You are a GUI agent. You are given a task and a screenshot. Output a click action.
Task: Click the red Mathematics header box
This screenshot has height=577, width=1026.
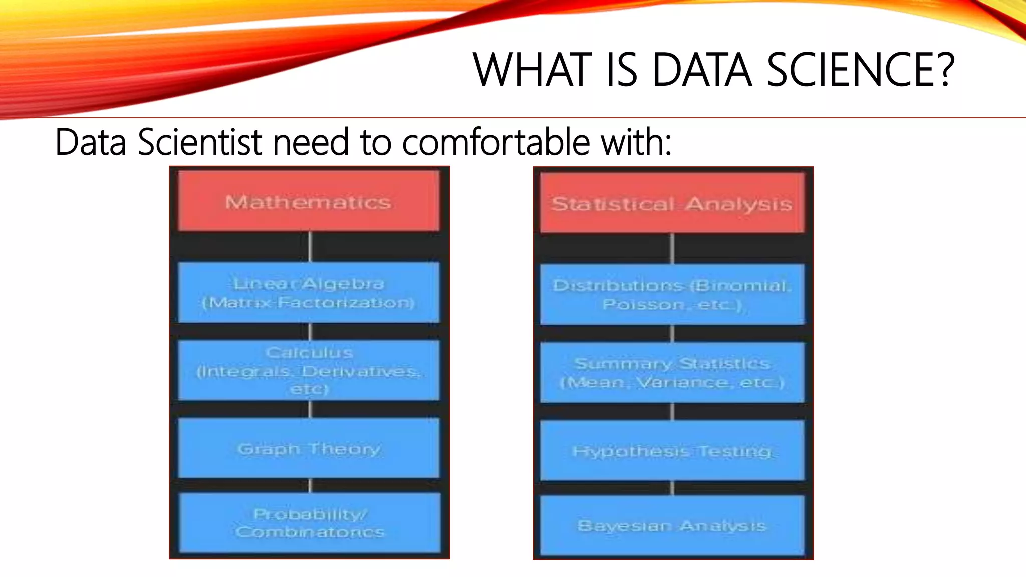point(309,201)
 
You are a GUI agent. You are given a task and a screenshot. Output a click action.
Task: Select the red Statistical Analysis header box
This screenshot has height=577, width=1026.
point(672,203)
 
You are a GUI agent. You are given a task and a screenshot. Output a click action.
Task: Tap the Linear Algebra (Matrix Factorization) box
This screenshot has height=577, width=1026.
point(309,293)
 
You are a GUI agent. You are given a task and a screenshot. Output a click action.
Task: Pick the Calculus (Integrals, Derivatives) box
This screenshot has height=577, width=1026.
point(309,370)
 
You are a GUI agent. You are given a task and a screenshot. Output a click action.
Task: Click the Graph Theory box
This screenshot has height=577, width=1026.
point(309,448)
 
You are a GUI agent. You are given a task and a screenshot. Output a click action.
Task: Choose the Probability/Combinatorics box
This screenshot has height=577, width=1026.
point(309,523)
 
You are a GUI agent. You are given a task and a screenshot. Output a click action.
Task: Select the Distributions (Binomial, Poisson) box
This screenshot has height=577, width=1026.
point(672,295)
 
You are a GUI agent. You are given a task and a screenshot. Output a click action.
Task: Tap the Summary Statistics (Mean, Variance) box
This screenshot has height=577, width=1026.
point(672,373)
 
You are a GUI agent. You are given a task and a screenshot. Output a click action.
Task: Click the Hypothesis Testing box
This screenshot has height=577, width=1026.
point(672,451)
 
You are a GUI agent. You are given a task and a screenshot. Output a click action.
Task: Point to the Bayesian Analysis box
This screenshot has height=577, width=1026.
point(672,525)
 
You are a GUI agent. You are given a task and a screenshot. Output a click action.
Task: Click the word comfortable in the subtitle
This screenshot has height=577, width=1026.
point(496,142)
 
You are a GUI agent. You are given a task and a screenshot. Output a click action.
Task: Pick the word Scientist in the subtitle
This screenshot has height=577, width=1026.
point(200,142)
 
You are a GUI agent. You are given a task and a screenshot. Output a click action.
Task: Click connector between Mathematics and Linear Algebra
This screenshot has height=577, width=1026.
point(310,246)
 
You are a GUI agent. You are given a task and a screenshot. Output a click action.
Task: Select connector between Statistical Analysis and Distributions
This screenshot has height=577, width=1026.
point(672,248)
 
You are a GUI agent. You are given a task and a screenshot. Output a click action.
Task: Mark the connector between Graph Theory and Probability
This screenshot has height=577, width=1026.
point(310,485)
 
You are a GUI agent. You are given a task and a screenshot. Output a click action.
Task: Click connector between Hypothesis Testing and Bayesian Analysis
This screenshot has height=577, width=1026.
point(672,488)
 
